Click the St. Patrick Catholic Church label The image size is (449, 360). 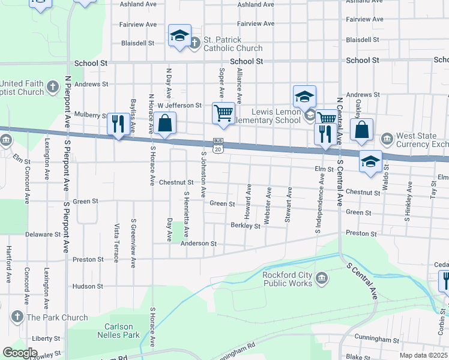232,44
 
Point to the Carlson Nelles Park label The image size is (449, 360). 118,331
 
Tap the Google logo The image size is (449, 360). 20,352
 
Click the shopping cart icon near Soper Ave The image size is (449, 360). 223,113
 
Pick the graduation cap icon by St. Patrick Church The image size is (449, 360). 179,35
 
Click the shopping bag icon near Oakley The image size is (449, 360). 362,130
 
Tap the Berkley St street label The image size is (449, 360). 246,226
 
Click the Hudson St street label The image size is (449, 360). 88,286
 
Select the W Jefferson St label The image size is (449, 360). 179,106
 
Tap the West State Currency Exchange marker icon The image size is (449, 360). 387,140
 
